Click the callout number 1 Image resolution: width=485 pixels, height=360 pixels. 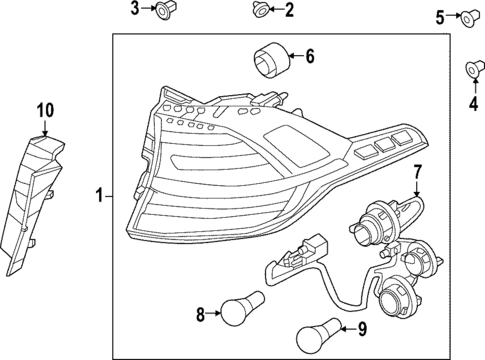[98, 195]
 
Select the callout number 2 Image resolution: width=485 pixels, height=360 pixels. [289, 11]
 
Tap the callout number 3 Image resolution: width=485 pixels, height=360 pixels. [136, 10]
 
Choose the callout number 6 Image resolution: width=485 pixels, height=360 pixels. [309, 57]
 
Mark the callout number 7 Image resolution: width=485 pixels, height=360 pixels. [418, 173]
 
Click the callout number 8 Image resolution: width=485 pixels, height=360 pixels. [200, 315]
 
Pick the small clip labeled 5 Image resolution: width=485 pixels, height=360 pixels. [467, 16]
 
